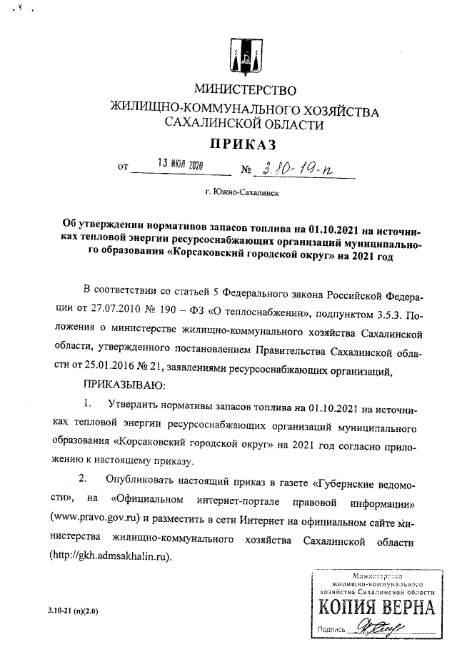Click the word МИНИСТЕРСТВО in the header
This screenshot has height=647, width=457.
[241, 91]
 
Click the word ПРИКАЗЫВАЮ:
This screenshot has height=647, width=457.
[122, 387]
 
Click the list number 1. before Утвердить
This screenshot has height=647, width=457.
[89, 406]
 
